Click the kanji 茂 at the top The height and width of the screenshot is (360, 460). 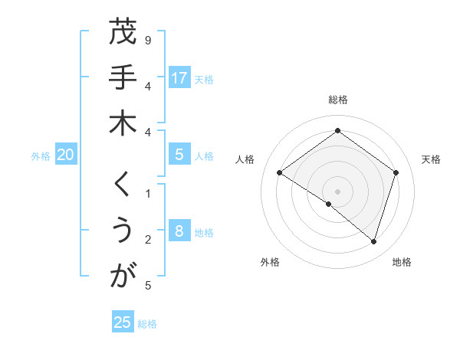(123, 33)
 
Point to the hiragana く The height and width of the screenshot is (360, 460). (123, 185)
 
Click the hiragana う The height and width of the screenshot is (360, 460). (123, 230)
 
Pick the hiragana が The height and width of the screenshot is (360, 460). (123, 276)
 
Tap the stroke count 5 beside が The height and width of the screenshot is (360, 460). (147, 286)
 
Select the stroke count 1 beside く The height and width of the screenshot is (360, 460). (147, 194)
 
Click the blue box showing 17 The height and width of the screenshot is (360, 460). (179, 77)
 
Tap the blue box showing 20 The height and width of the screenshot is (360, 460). (65, 155)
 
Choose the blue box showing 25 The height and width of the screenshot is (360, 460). (122, 322)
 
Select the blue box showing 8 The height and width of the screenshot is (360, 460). (179, 231)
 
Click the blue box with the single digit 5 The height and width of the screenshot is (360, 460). (179, 155)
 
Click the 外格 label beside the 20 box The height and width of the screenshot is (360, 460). (41, 156)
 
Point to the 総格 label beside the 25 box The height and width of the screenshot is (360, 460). (147, 324)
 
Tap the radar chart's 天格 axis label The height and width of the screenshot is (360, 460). (431, 159)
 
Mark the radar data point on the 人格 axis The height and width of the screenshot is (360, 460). (280, 173)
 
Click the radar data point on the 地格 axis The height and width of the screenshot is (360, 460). (373, 242)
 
